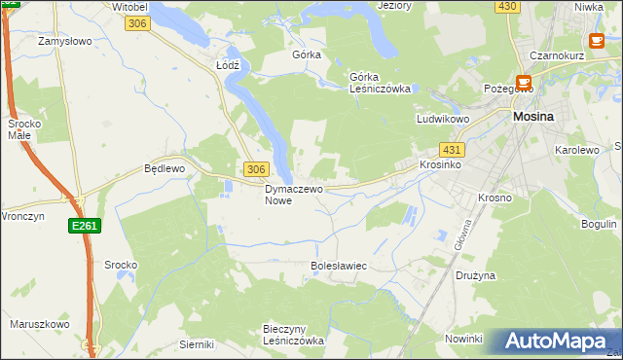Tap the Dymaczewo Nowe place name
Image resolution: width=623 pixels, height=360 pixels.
293,195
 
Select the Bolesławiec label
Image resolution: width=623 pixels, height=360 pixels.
338,265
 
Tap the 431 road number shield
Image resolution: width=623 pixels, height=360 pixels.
451,150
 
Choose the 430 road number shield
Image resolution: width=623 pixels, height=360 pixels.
505,6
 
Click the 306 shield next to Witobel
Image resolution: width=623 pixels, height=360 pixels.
138,23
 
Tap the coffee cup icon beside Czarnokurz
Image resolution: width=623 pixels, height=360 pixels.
597,41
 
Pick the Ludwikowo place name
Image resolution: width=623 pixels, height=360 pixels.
443,119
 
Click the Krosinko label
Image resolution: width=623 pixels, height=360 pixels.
440,165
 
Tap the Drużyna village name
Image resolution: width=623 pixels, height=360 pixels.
476,275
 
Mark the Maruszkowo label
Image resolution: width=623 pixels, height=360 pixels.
39,324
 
